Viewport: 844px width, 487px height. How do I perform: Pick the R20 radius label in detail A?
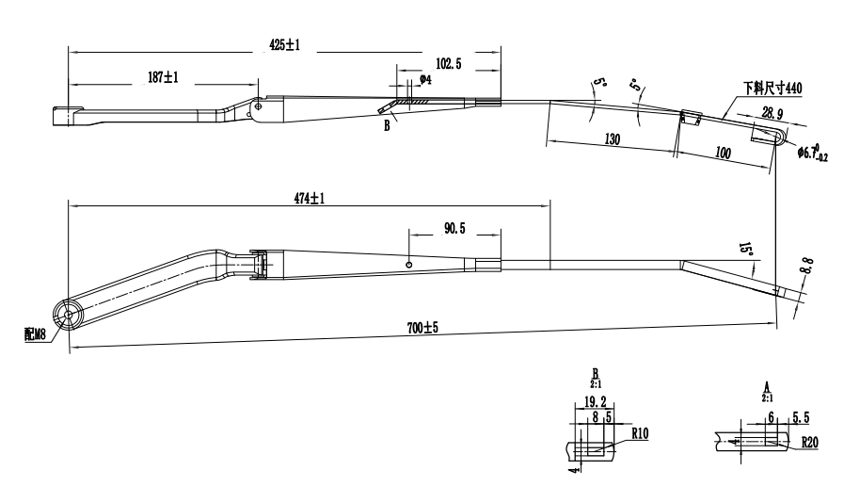pos(809,440)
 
